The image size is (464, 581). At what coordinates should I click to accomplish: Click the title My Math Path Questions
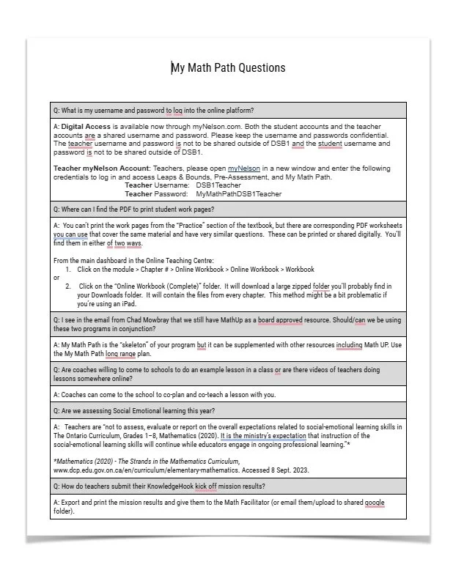(x=228, y=68)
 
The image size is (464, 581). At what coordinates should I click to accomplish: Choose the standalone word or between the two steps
(x=57, y=278)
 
